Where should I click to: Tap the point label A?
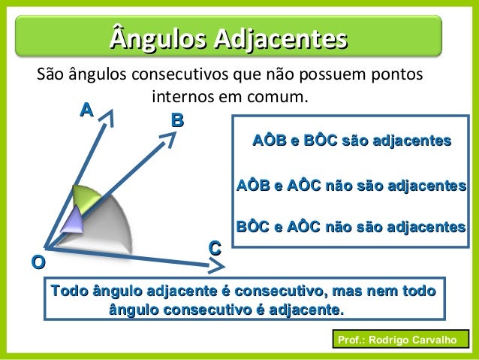87,110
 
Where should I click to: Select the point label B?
177,120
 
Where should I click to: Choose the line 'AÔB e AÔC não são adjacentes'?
352,185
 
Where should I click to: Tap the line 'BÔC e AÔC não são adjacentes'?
352,226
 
